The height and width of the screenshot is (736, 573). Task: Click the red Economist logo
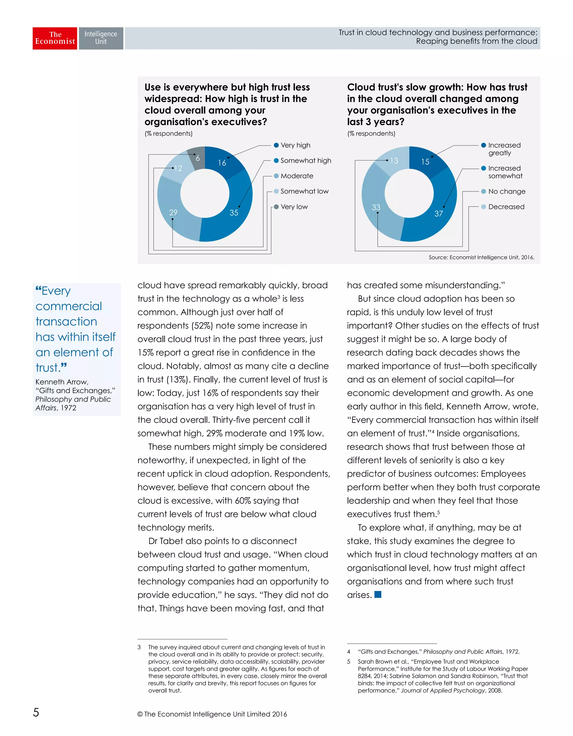coord(55,38)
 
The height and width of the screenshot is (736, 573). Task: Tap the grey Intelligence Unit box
coord(101,38)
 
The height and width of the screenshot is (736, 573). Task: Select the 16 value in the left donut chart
coord(222,163)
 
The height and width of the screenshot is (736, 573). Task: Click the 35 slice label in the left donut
coord(234,213)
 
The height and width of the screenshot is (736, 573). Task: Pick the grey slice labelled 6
coord(198,158)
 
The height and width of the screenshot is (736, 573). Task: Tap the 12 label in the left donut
coord(178,168)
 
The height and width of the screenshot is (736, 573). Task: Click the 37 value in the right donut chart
coord(438,214)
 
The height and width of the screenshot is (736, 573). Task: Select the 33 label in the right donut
coord(376,207)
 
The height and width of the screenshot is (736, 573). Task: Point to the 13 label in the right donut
coord(394,161)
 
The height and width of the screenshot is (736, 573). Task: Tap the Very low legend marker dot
coord(276,207)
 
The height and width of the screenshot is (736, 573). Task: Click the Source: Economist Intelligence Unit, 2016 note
coord(481,257)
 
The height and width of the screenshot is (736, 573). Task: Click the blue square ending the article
coord(378,595)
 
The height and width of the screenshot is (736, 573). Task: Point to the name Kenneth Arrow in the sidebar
coord(62,382)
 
